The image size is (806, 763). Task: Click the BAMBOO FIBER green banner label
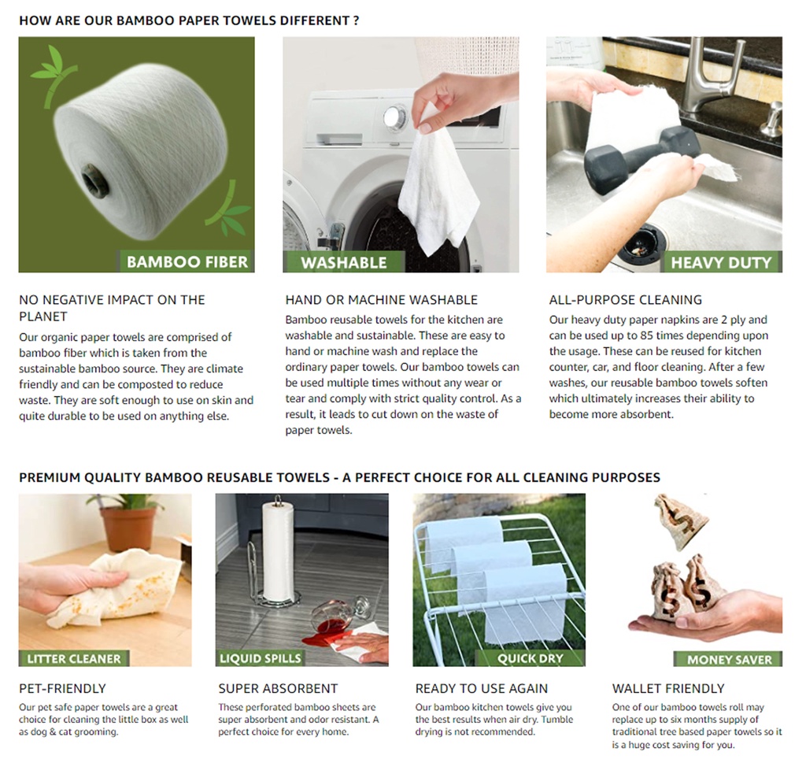[187, 261]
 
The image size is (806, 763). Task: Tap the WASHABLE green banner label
[343, 262]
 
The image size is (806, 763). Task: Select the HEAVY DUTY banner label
[721, 262]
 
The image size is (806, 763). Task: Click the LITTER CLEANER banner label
[74, 658]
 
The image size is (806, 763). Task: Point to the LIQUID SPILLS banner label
[260, 658]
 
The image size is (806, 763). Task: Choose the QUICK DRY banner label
[531, 658]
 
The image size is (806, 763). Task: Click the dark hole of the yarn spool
[96, 181]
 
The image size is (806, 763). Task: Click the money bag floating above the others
[681, 520]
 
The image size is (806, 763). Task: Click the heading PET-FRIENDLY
[62, 688]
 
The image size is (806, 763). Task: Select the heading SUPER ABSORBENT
[278, 688]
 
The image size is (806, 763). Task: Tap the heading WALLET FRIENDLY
[668, 688]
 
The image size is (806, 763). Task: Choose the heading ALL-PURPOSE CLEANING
[626, 300]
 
